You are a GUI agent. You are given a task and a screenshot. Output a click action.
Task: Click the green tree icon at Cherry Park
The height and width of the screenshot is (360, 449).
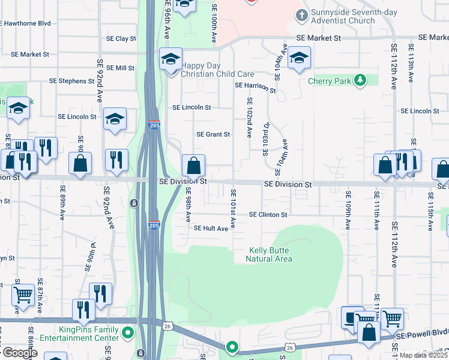(x=360, y=80)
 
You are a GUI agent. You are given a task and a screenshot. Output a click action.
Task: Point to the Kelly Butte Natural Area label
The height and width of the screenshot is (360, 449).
(x=269, y=254)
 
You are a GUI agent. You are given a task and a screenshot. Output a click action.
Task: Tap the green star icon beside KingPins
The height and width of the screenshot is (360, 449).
(x=127, y=332)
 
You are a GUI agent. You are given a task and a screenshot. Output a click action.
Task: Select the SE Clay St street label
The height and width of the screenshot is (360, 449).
(x=122, y=38)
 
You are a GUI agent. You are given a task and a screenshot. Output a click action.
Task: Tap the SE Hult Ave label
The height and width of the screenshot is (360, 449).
(x=211, y=228)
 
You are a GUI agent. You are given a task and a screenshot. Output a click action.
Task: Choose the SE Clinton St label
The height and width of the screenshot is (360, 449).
(x=269, y=214)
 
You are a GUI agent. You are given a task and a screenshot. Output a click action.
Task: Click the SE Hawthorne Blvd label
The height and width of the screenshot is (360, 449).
(x=25, y=23)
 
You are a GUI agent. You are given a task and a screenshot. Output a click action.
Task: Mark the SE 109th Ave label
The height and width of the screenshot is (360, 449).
(x=348, y=210)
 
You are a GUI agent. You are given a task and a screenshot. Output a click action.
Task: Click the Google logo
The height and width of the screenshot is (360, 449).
(x=20, y=353)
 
